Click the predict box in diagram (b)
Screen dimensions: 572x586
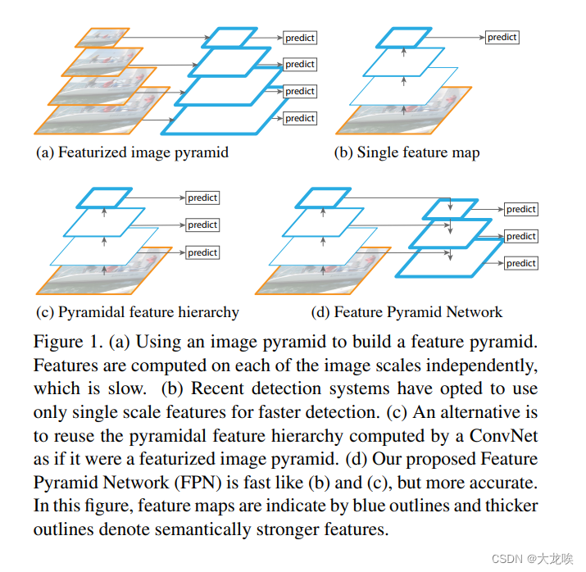[502, 37]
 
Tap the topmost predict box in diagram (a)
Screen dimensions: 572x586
[300, 38]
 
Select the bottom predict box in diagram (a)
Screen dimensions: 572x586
[300, 119]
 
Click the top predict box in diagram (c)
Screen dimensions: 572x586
[202, 197]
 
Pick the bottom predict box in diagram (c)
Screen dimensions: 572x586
[202, 252]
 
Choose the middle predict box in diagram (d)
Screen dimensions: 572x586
[520, 236]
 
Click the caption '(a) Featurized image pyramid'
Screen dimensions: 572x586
[132, 152]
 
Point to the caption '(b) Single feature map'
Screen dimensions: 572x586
[407, 152]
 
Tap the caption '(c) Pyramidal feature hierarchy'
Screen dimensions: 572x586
[138, 312]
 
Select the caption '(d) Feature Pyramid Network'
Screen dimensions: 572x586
[407, 312]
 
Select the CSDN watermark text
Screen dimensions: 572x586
[529, 557]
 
